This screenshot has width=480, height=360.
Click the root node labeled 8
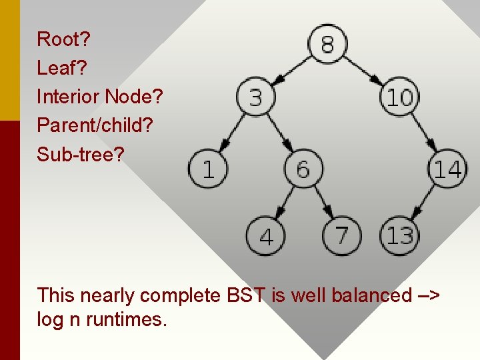click(x=327, y=44)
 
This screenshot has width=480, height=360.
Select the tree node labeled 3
click(x=255, y=99)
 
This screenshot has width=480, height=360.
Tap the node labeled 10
click(x=399, y=99)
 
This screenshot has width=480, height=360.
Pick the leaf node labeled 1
click(x=207, y=168)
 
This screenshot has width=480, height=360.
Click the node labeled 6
click(x=303, y=168)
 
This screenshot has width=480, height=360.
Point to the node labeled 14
click(x=447, y=168)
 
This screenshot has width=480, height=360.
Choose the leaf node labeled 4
click(x=266, y=236)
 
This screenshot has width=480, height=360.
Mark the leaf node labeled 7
click(x=341, y=235)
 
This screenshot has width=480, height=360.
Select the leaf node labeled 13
click(x=399, y=235)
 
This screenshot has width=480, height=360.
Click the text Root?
click(x=63, y=39)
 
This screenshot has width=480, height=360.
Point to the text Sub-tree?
click(x=81, y=154)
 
